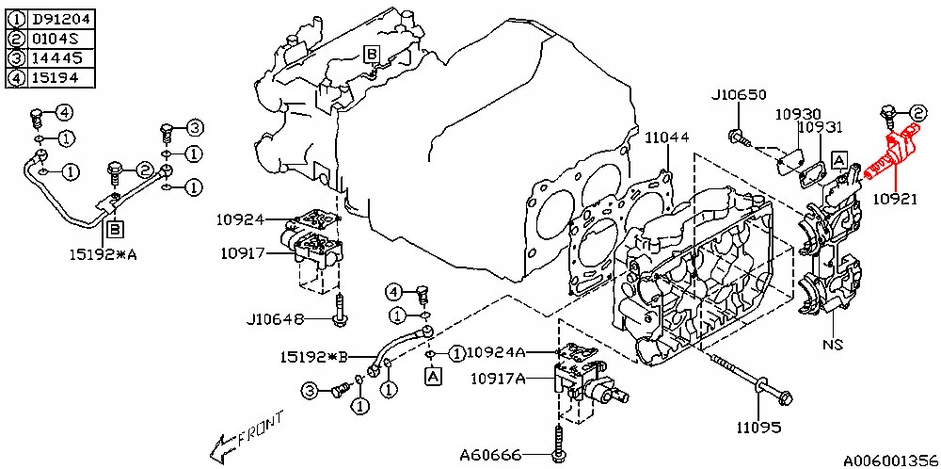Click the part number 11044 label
click(667, 138)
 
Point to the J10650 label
click(739, 95)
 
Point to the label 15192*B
click(314, 357)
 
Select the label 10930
click(798, 113)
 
